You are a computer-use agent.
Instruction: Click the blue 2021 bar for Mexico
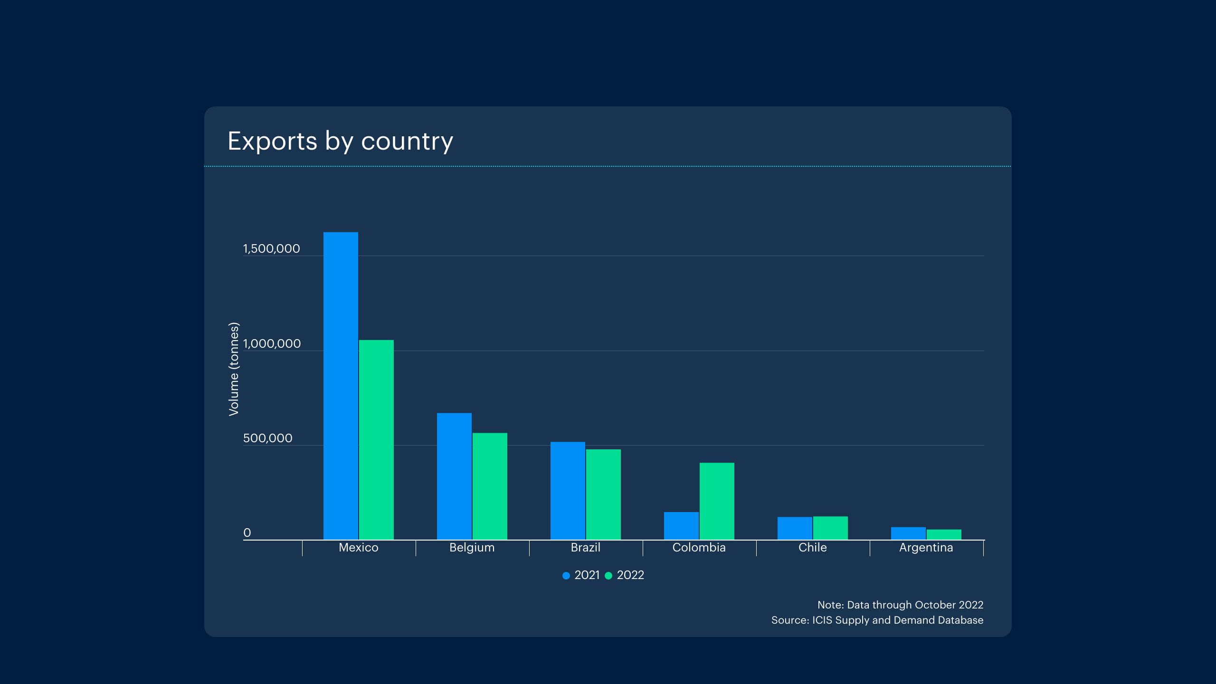pos(341,386)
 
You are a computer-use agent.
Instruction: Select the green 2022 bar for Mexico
pos(376,439)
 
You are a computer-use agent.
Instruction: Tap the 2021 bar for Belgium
pos(454,476)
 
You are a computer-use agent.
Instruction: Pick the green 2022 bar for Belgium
pos(490,486)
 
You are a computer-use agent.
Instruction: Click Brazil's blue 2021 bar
pos(568,491)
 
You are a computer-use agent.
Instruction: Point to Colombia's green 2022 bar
pos(717,501)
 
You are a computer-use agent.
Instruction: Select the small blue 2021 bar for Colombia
pos(681,526)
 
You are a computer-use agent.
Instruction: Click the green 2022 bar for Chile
pos(830,528)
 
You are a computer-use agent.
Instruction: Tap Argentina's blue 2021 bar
pos(908,533)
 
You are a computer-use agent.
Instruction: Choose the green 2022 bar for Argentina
pos(944,535)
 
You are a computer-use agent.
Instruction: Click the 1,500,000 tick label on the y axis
pos(271,248)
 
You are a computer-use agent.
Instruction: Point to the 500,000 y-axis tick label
pos(267,438)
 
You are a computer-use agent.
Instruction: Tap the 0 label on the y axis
pos(247,533)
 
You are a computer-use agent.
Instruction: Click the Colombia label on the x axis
pos(699,548)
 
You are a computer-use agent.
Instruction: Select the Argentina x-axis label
pos(926,548)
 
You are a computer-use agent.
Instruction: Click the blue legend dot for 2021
pos(566,576)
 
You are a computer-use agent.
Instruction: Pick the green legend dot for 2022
pos(608,576)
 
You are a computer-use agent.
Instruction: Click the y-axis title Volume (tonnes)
pos(234,369)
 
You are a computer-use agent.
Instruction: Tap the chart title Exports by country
pos(340,141)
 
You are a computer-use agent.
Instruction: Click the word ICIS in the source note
pos(822,620)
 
